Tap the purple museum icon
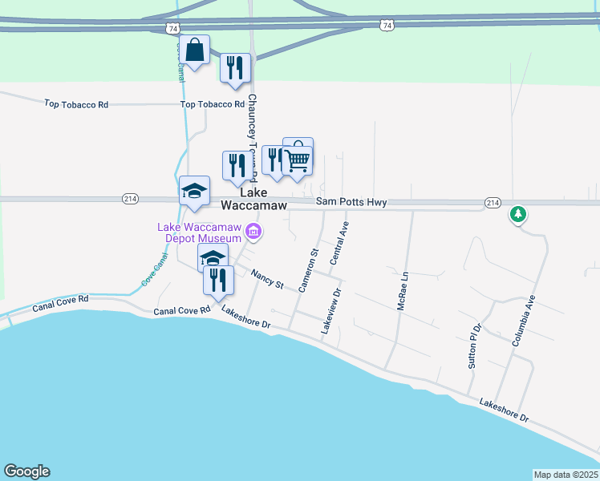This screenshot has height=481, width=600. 254,232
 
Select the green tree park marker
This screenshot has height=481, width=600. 518,214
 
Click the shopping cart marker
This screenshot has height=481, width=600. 298,161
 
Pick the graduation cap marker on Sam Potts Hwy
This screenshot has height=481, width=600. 194,192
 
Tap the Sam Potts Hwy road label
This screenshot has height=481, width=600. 351,203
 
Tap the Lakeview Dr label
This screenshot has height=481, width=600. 331,312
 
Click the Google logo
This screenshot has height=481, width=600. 26,471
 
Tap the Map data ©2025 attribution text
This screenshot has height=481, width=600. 566,475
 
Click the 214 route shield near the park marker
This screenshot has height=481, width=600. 493,202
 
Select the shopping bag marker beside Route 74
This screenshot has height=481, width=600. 194,50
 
